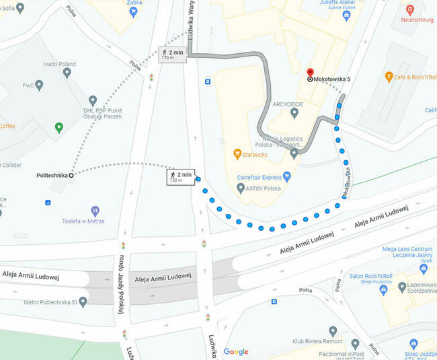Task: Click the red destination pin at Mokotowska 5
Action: (x=309, y=72)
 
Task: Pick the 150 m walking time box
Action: (x=181, y=177)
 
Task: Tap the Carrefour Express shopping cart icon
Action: (x=287, y=177)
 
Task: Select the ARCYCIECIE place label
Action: (x=288, y=104)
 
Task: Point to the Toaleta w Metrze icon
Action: (x=95, y=211)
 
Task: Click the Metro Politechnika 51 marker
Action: (x=82, y=301)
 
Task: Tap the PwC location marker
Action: (x=39, y=85)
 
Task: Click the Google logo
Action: (x=236, y=351)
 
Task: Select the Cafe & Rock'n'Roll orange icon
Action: (x=389, y=77)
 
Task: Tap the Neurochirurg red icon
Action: (x=410, y=9)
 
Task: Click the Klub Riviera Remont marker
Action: (x=333, y=331)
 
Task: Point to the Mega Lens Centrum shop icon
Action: (x=423, y=268)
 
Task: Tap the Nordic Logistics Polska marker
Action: (x=294, y=154)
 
